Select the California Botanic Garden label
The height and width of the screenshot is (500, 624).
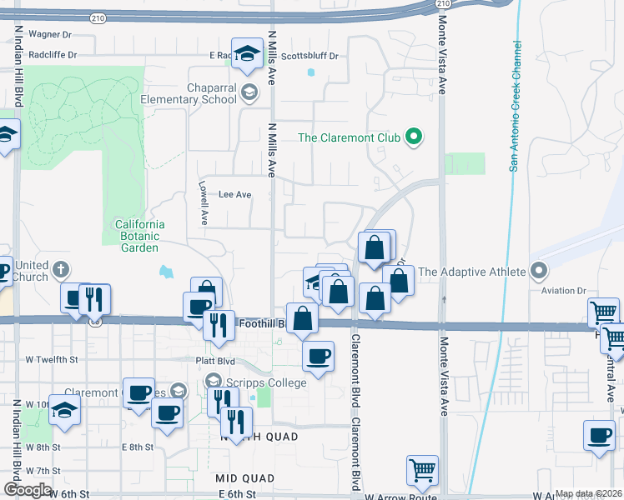(139, 236)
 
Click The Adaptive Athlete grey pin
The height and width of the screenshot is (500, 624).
(538, 271)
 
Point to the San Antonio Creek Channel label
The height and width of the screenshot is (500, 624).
(516, 106)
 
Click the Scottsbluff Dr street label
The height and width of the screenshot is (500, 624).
(309, 56)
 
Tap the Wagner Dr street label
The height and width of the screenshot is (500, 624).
(50, 34)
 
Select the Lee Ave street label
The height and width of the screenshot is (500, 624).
(234, 194)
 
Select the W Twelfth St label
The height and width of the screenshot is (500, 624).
(52, 359)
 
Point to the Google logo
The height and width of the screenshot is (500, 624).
(28, 490)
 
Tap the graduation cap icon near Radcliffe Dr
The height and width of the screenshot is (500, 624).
(247, 54)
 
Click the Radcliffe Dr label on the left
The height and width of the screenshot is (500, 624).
(52, 55)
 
